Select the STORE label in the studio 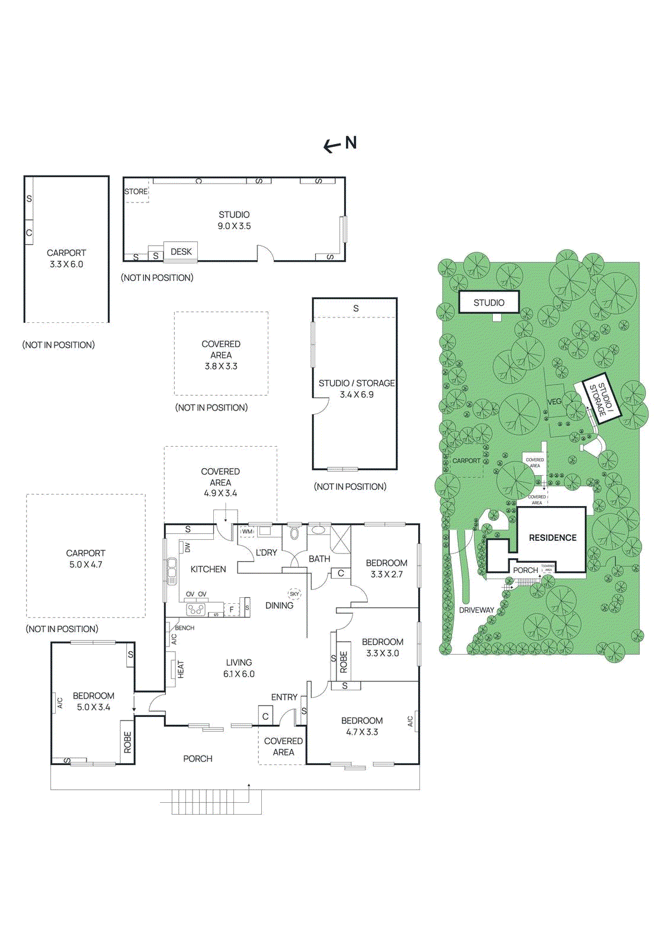136,191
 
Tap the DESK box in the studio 181,252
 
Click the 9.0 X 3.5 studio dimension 234,226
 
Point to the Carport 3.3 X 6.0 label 66,258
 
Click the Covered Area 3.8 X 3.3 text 221,355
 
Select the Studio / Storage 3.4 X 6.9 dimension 357,395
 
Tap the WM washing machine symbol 247,531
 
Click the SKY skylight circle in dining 294,594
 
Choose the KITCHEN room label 208,569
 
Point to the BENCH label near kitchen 184,628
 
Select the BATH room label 319,559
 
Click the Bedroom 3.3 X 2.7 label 386,568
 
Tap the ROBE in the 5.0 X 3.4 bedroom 127,742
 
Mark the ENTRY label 284,697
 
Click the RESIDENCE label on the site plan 552,538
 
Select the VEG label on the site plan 554,402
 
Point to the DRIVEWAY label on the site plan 476,610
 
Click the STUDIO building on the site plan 489,303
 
